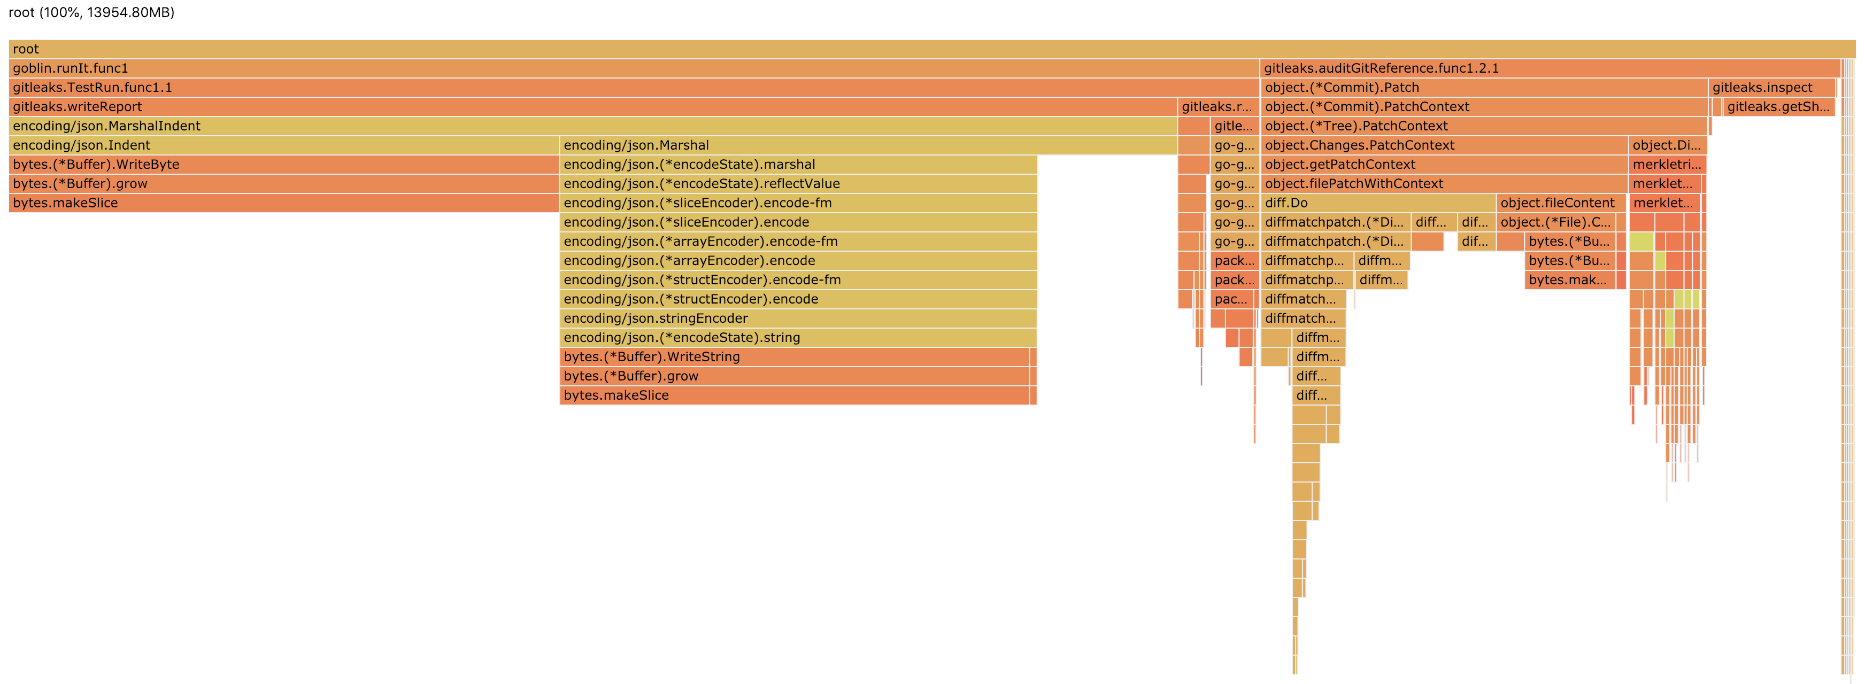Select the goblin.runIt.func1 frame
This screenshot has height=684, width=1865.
(634, 68)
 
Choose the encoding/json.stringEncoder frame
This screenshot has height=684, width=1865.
(797, 318)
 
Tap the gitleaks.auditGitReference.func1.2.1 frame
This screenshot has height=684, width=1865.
(1550, 68)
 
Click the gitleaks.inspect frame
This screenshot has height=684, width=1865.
(1771, 88)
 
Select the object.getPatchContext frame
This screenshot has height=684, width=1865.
(1444, 164)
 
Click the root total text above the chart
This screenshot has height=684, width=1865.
(91, 12)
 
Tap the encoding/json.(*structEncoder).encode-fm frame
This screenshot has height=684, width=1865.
(797, 280)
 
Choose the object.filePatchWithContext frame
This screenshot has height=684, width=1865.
(1444, 184)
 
